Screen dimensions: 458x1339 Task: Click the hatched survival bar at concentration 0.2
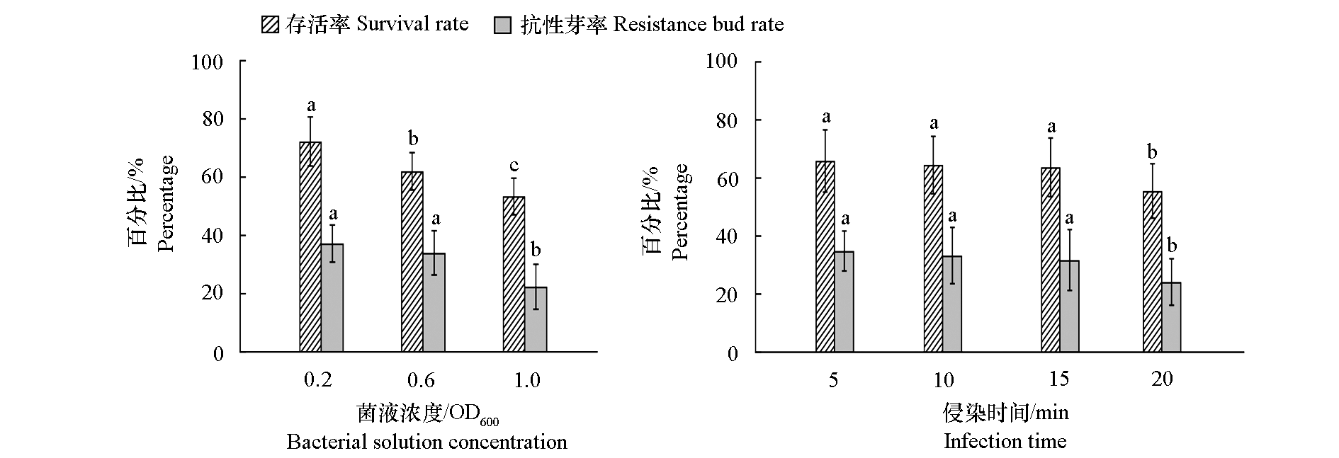(x=310, y=247)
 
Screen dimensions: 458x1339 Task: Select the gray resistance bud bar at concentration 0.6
(x=434, y=302)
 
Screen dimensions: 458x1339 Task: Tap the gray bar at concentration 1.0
(x=536, y=319)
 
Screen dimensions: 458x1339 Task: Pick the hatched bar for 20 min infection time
(x=1153, y=272)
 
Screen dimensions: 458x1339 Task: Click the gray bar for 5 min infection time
(x=844, y=302)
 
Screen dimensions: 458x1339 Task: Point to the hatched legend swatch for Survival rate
(x=271, y=25)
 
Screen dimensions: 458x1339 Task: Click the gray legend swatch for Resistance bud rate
(x=502, y=25)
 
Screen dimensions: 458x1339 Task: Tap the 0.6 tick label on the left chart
(x=421, y=380)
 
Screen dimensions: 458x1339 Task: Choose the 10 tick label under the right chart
(x=944, y=380)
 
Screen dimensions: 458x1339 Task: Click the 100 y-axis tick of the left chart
(x=208, y=62)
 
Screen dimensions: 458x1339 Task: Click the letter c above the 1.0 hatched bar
(x=514, y=166)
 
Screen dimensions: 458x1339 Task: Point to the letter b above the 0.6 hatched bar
(x=413, y=138)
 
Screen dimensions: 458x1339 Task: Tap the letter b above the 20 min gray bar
(x=1172, y=246)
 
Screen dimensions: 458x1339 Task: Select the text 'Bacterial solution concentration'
(x=426, y=442)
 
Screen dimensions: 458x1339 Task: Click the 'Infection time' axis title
(x=1005, y=442)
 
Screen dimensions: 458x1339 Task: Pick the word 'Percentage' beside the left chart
(x=165, y=204)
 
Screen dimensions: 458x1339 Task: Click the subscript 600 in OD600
(x=489, y=423)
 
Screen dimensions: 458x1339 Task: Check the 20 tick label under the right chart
(x=1163, y=379)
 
